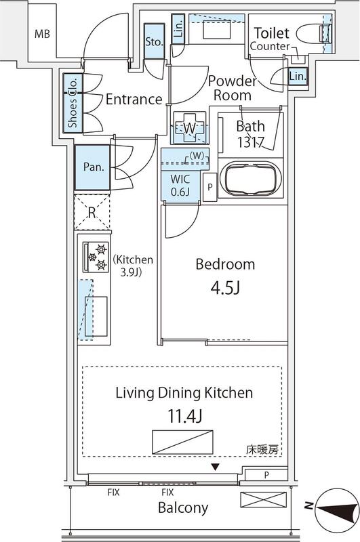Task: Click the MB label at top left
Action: [x=42, y=33]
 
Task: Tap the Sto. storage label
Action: [x=154, y=42]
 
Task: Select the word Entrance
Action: [x=134, y=100]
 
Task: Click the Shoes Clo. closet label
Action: [x=73, y=104]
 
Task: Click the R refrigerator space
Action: [x=92, y=211]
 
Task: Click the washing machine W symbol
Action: [x=189, y=127]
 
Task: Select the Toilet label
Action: [x=271, y=33]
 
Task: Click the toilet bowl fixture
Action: [x=319, y=33]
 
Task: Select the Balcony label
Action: [x=183, y=507]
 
